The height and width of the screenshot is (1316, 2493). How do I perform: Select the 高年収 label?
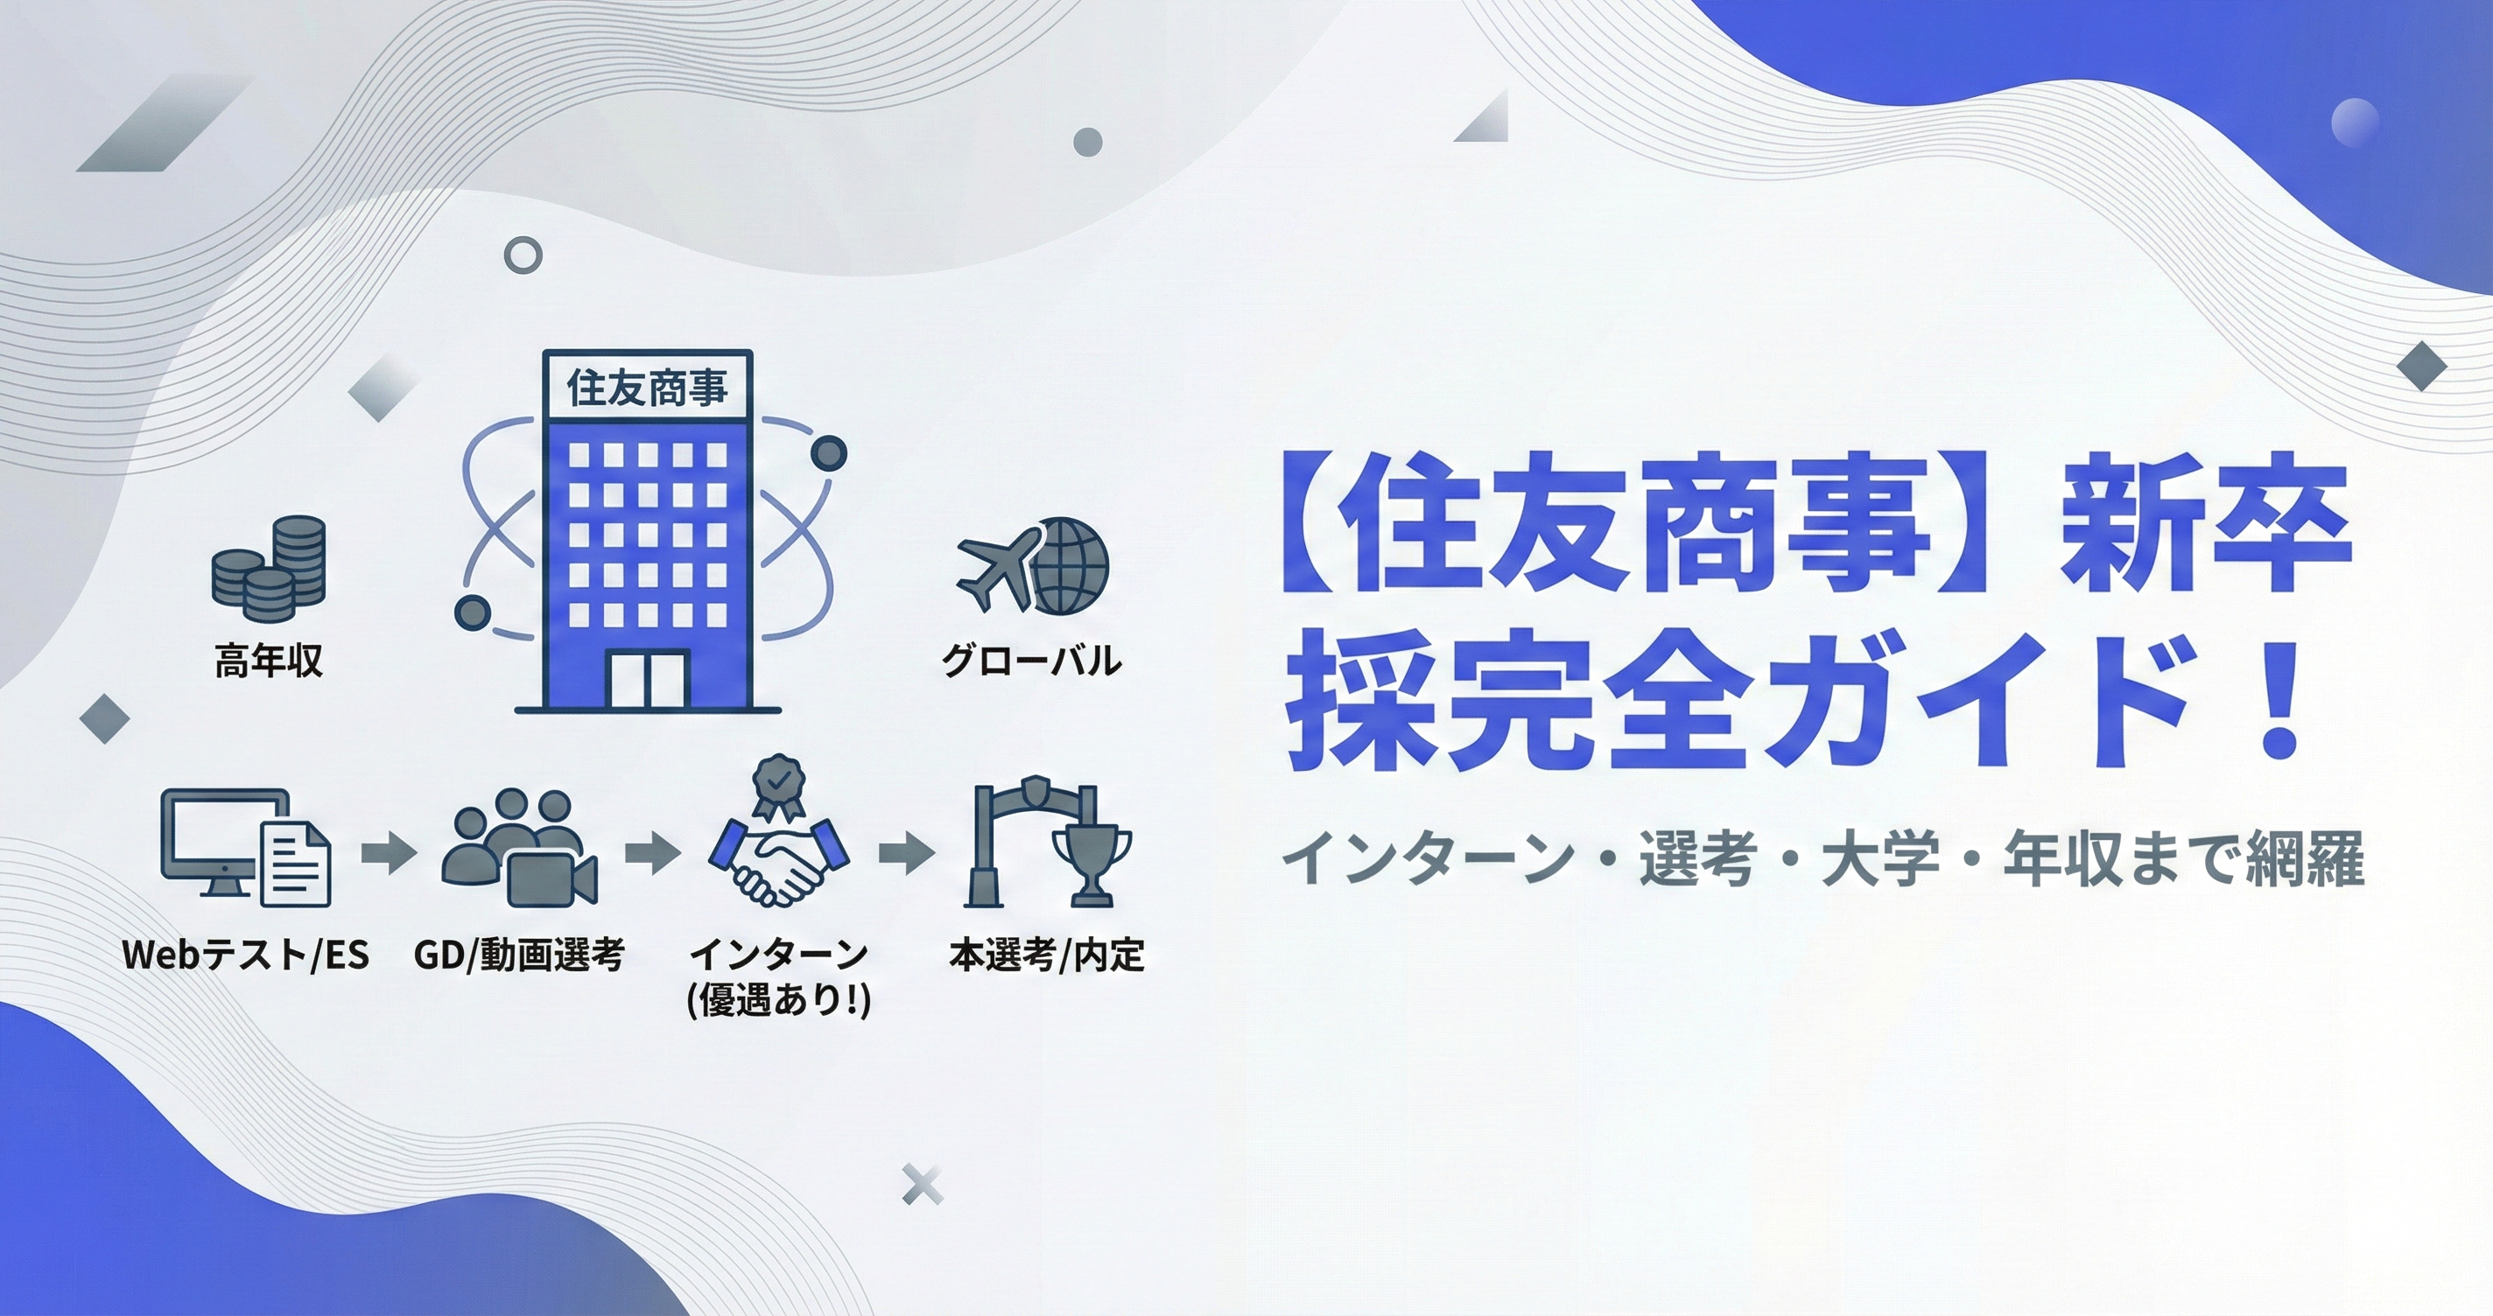point(268,661)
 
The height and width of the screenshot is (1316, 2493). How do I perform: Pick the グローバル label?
point(1032,661)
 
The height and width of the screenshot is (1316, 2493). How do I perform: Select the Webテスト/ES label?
point(246,956)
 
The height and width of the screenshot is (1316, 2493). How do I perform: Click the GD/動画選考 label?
point(520,956)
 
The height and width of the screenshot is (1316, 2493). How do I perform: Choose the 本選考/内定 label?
point(1047,956)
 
